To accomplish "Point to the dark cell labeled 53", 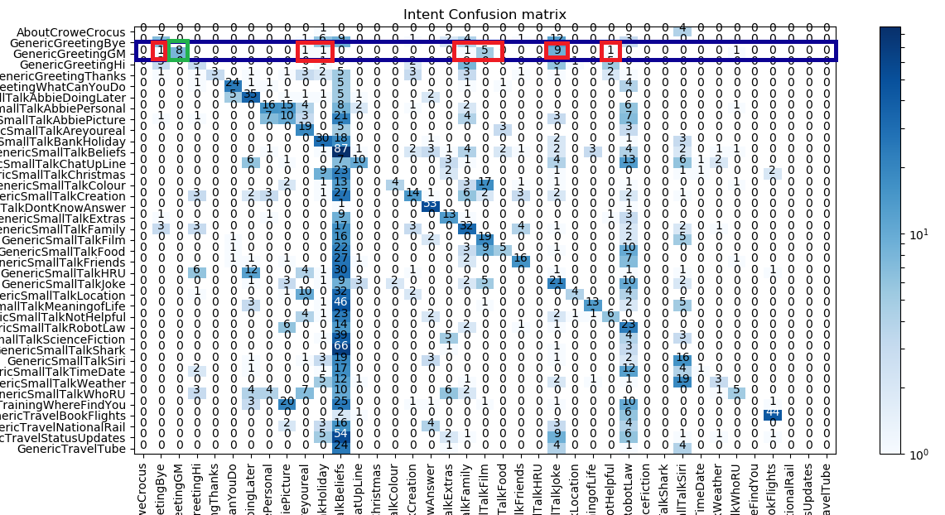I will tap(430, 204).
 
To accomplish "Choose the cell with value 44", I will tap(773, 412).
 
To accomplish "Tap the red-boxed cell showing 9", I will tap(556, 51).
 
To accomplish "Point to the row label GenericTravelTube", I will tap(83, 449).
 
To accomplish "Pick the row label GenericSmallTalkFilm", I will tap(75, 236).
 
